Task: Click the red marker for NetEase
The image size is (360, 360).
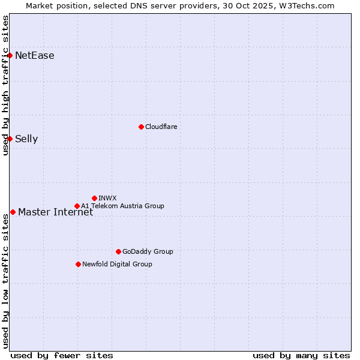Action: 10,56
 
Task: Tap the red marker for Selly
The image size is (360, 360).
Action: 10,139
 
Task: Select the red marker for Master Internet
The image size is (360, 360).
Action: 13,212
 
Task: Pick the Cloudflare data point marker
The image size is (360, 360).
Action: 141,127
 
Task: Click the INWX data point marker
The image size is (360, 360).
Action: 94,198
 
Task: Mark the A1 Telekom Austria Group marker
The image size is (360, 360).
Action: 77,206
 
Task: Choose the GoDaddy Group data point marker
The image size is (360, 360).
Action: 118,251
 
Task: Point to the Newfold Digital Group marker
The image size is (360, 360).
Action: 78,264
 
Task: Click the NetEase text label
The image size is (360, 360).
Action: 35,56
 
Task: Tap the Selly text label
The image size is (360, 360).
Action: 26,139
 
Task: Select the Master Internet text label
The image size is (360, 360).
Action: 56,212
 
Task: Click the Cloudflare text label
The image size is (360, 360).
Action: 161,127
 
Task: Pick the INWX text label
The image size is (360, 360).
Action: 107,198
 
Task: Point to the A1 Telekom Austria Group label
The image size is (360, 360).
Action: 122,206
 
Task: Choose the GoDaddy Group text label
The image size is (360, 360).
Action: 148,251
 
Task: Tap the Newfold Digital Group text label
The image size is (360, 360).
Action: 117,264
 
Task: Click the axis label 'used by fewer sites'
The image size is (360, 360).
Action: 62,355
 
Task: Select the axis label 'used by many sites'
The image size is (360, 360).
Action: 301,355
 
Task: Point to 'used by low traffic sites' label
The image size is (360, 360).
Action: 5,280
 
